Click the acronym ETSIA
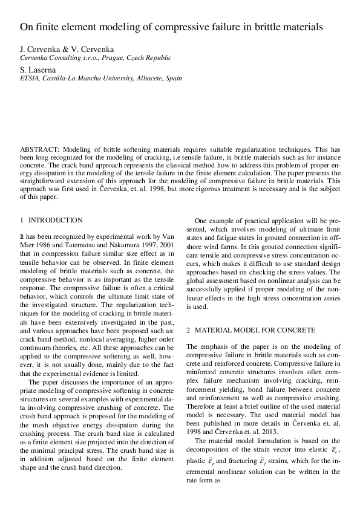coord(30,78)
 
